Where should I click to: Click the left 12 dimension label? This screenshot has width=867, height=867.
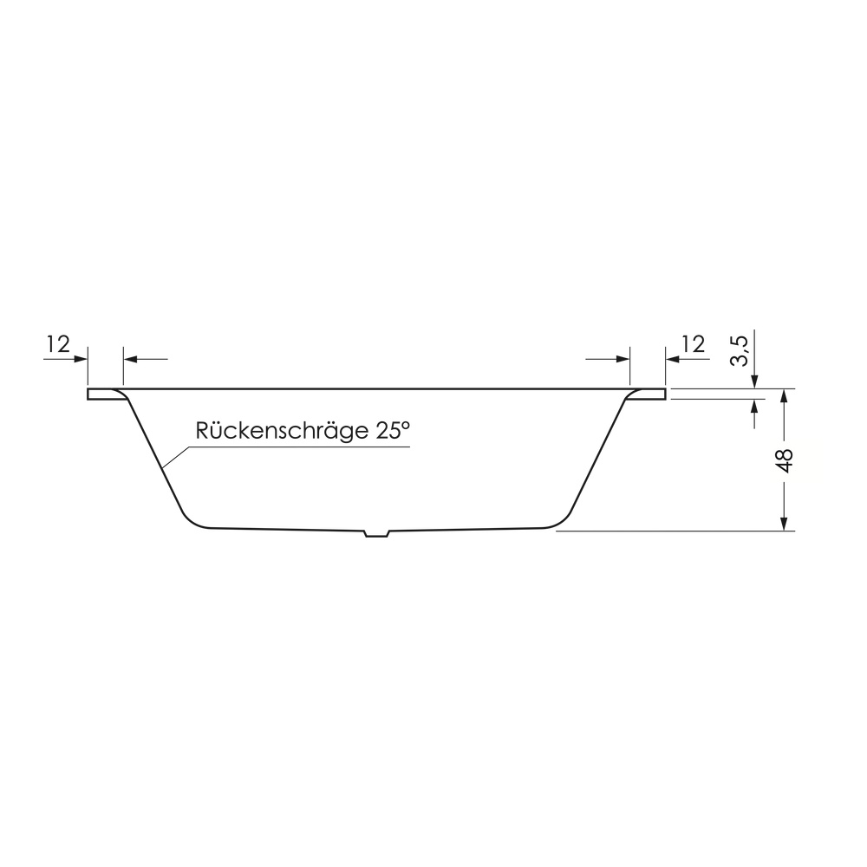[58, 344]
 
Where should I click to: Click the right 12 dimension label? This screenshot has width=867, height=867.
[694, 344]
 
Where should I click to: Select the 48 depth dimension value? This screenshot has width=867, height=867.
[784, 460]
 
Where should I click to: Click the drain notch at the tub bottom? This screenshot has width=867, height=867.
[376, 533]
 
